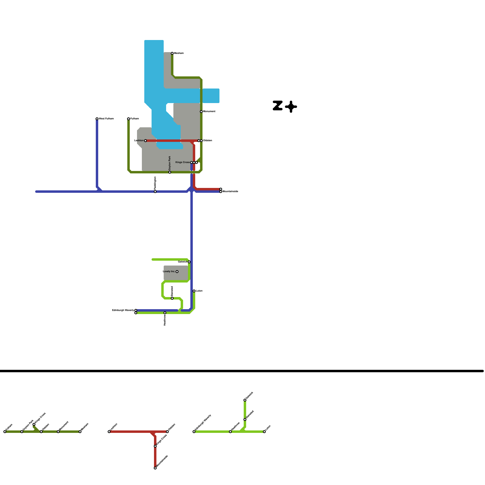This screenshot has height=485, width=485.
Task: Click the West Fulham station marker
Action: tap(97, 119)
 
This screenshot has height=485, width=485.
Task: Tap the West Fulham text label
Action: tap(106, 119)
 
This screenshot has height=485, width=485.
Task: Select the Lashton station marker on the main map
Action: tap(145, 141)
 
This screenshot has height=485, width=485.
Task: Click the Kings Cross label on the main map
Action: tap(182, 162)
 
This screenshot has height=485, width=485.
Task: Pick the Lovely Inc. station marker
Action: tap(177, 272)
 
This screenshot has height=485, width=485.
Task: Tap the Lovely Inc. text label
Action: tap(169, 271)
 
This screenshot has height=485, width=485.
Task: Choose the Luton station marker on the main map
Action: tap(194, 291)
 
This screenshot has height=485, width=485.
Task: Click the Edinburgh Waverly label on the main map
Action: tap(123, 310)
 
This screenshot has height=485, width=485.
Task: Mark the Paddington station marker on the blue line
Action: tap(155, 192)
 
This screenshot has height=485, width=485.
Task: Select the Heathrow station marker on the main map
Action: tap(165, 313)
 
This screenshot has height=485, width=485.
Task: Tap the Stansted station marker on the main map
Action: tap(172, 298)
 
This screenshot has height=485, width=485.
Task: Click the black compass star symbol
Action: tap(291, 107)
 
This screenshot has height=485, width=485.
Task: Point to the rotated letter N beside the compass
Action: tap(278, 105)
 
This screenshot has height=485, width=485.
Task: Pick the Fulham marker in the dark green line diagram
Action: tap(5, 432)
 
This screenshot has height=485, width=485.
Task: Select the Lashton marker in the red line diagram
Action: tap(109, 432)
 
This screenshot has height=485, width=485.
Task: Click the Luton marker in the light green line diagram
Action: tap(264, 432)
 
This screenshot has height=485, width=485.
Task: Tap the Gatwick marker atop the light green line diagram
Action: tap(245, 400)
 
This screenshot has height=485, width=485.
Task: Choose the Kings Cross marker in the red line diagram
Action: tap(155, 446)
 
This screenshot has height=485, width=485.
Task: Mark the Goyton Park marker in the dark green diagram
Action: tap(22, 432)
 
